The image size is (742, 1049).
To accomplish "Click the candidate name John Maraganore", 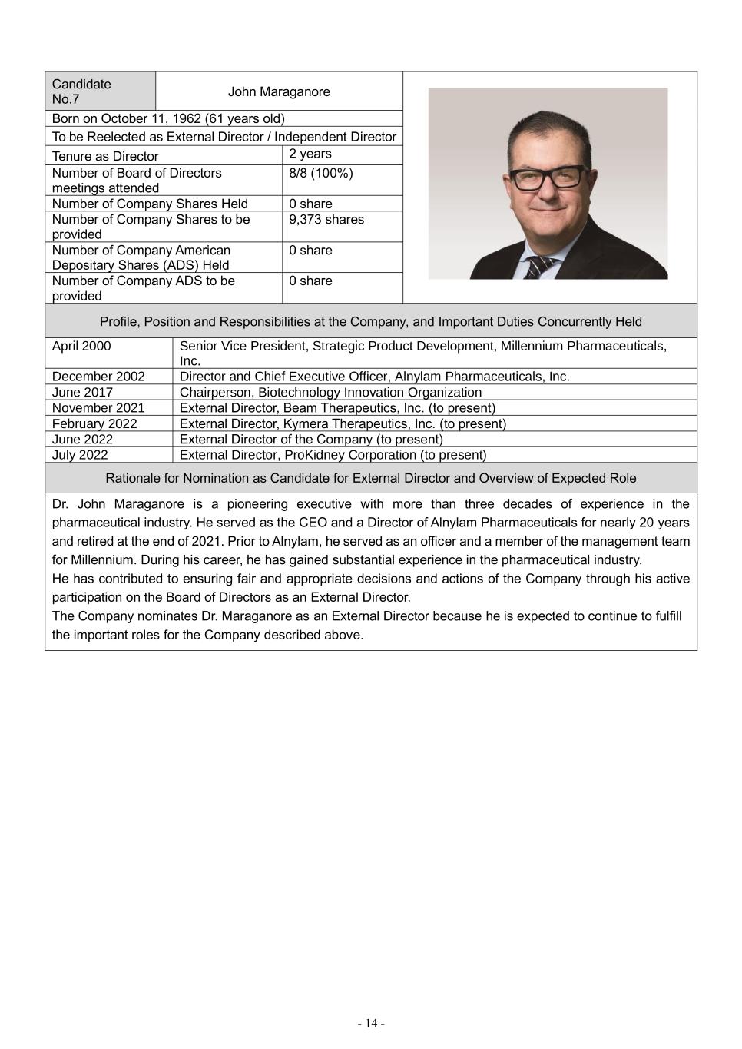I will pos(279,91).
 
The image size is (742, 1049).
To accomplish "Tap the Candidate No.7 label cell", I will pos(81,91).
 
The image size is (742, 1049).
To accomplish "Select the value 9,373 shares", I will pos(326,220).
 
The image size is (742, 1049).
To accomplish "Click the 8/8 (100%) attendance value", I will pos(320,174).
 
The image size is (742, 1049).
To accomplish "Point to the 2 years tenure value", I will pos(310,154).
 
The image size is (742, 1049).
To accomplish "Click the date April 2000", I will pos(81,346).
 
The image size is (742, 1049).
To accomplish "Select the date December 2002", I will pos(98,377).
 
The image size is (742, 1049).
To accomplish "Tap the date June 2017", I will pos(82,392).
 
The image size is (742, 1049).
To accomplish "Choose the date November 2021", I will pos(98,408).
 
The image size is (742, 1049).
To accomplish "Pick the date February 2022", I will pos(94,423).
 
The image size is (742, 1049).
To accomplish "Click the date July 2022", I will pos(80,455).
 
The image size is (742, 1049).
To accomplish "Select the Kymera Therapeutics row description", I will pos(343,423).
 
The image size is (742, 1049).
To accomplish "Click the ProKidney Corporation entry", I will pos(333,455).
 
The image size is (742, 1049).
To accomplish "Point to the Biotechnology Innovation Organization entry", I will pos(330,392).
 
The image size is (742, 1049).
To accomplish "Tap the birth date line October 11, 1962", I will pos(168,118).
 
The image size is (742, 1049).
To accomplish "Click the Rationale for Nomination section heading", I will pos(371,478).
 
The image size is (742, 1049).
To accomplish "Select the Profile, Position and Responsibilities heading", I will pos(371,321).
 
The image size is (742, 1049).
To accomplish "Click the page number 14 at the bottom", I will pos(371,1023).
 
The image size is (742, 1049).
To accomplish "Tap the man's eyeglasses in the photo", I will pos(548,178).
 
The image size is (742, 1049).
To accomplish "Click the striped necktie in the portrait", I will pos(539,267).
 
